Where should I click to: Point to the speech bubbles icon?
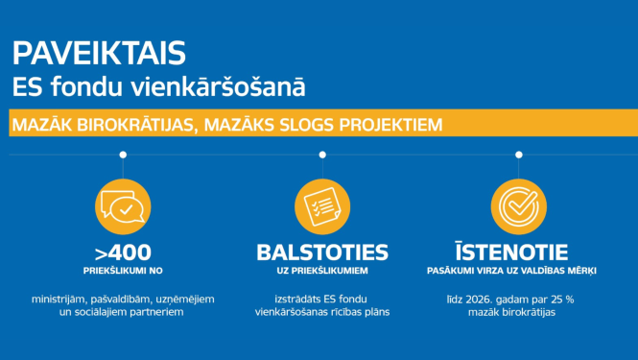pyautogui.click(x=122, y=204)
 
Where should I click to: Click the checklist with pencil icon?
pyautogui.click(x=321, y=204)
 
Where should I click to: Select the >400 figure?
pyautogui.click(x=122, y=252)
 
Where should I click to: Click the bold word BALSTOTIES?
pyautogui.click(x=321, y=252)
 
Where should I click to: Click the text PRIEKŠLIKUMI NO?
pyautogui.click(x=122, y=272)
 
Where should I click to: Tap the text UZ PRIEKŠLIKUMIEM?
pyautogui.click(x=321, y=272)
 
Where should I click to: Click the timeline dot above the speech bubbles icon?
pyautogui.click(x=122, y=155)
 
